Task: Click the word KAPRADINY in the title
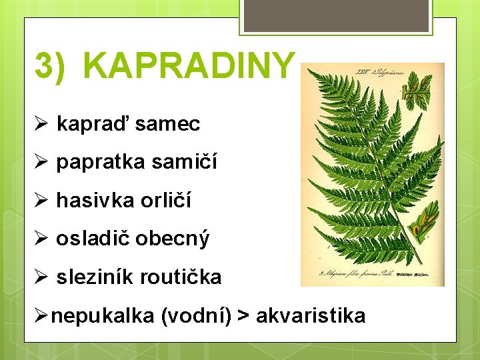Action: tap(190, 65)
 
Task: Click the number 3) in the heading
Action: tap(51, 65)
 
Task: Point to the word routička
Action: tap(182, 277)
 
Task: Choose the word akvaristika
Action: tap(311, 315)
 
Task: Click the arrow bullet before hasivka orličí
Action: tap(41, 201)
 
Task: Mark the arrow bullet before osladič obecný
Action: tap(41, 239)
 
